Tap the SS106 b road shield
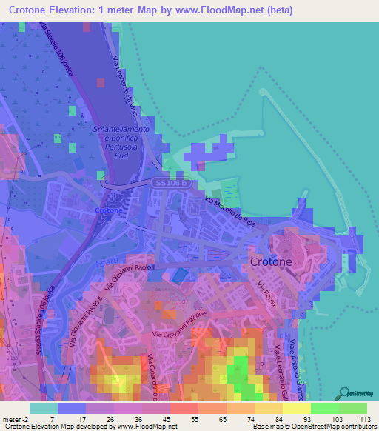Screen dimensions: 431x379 [170, 182]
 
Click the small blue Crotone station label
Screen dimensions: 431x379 [109, 211]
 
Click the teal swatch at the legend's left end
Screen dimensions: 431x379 [43, 407]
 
